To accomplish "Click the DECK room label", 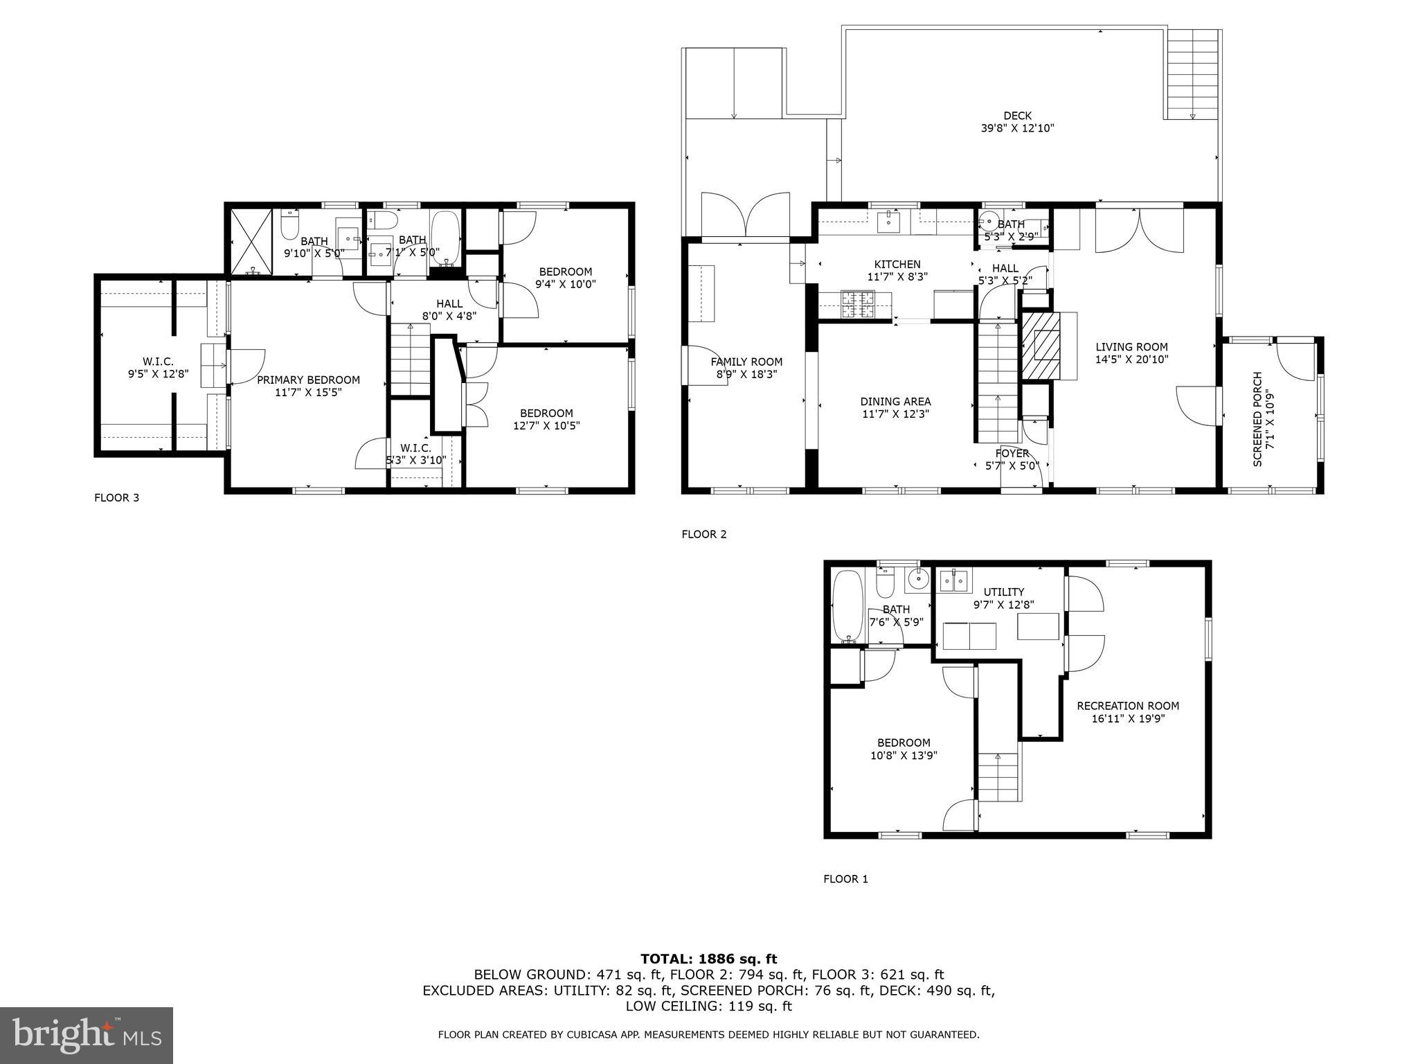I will (x=1017, y=116).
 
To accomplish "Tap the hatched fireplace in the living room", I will (x=1040, y=345).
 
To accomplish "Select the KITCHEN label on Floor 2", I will (x=897, y=264).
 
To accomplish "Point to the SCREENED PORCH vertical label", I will (x=1258, y=419).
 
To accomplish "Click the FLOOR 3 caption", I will (x=116, y=497).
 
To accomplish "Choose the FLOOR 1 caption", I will (x=845, y=879).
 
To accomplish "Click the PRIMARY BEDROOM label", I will (x=308, y=380).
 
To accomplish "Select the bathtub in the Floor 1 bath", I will (x=846, y=605).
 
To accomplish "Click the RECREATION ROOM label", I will (x=1128, y=706).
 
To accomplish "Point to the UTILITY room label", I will (x=1004, y=592).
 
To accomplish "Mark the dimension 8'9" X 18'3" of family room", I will (x=746, y=374).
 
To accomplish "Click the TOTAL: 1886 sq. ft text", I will (x=708, y=959).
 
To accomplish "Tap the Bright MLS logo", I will (x=87, y=1036).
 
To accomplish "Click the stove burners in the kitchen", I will (x=856, y=305).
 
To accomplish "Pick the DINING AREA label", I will (x=895, y=401).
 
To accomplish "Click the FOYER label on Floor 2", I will (x=1012, y=453).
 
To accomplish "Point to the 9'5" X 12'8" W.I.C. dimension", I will (x=158, y=374).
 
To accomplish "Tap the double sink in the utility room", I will (x=955, y=581).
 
